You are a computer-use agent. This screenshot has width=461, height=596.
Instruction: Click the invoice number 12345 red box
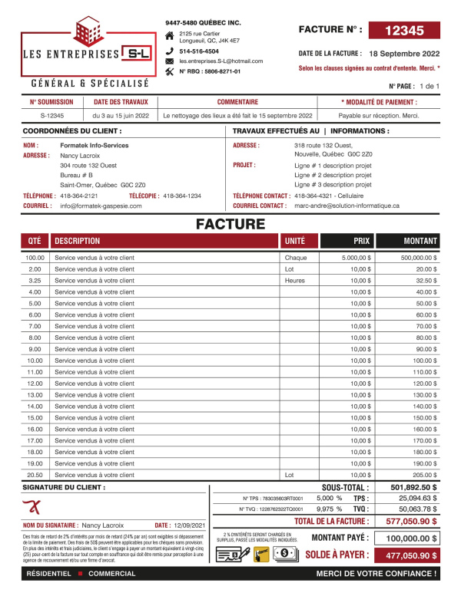pos(404,31)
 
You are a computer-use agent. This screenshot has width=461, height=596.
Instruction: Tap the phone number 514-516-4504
pos(199,51)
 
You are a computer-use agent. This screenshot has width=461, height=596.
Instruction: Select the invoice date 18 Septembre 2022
pos(404,54)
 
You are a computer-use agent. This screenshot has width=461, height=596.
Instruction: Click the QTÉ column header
pos(35,240)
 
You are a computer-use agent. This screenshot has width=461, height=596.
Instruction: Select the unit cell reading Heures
pos(295,281)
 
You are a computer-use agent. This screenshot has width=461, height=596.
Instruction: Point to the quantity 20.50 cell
pos(35,475)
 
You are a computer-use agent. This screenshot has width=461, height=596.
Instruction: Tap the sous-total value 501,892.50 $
pos(413,487)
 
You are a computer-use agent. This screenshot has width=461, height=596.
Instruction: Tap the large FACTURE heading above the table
pos(230,224)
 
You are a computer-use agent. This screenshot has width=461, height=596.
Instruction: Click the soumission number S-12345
pos(52,115)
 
